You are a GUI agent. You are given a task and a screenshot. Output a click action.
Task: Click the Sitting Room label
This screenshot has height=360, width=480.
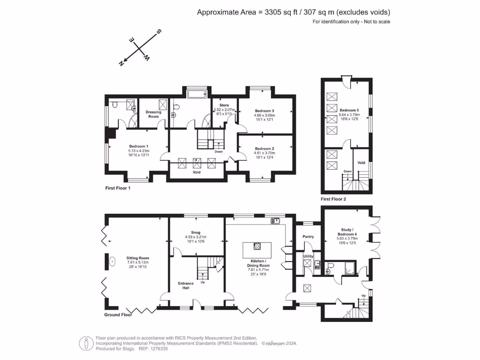point(137,258)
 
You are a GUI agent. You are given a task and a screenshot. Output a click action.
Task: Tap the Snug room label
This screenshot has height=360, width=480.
point(195,232)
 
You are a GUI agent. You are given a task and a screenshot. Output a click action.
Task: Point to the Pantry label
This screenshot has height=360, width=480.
point(308,237)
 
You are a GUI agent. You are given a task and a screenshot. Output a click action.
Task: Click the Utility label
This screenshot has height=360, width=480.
point(308,256)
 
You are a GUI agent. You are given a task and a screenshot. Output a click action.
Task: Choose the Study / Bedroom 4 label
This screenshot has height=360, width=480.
point(348,232)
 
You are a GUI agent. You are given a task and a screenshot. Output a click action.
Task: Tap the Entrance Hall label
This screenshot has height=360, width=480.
point(186,285)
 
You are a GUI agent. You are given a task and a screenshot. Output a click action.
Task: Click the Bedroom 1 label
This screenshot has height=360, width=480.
point(139,146)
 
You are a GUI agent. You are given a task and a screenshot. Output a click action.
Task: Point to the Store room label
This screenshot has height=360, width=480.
point(217,105)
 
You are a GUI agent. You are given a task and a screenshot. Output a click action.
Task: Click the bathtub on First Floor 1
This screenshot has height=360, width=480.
point(199,95)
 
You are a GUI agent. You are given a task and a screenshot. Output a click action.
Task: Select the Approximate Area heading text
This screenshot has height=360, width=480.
point(293,12)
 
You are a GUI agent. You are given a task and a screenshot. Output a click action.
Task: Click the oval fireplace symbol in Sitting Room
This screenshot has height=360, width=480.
point(112,262)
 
